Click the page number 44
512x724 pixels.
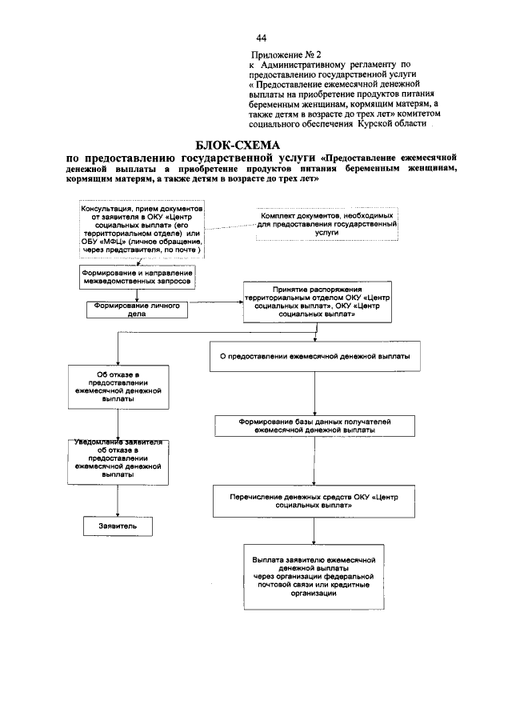pos(261,38)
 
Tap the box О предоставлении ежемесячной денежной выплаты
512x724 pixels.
pos(314,356)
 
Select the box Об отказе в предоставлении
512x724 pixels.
pos(118,390)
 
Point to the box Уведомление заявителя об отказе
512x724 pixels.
pos(118,460)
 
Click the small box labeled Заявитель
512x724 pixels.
pos(118,527)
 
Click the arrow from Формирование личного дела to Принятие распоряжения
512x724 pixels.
pos(215,302)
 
